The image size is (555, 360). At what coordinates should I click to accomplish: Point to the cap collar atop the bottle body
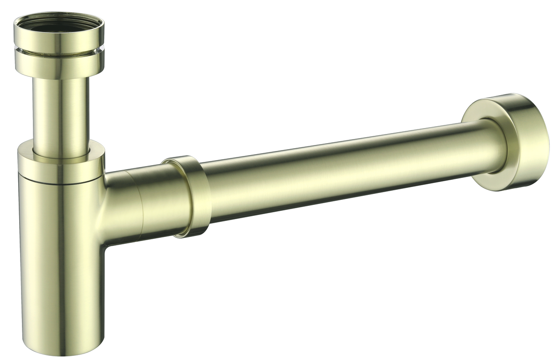tap(61, 163)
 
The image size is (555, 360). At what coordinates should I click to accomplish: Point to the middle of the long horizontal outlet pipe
tap(343, 172)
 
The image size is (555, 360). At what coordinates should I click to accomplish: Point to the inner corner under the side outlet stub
tap(105, 245)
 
